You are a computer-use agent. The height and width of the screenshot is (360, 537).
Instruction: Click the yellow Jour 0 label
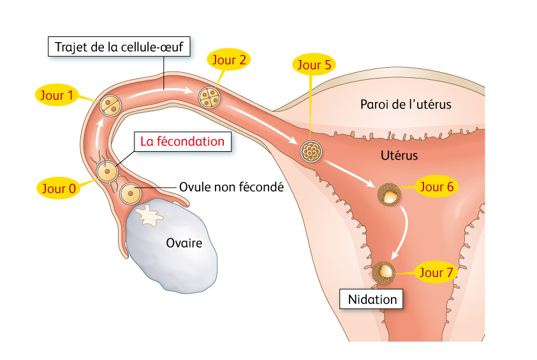tap(59, 188)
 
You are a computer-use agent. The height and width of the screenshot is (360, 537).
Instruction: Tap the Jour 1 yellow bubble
tap(57, 95)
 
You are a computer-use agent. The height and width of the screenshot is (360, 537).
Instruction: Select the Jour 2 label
tap(229, 59)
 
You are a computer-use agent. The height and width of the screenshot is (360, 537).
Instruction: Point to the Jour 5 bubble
tap(314, 64)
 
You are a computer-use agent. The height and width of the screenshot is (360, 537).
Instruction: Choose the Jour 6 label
tap(437, 186)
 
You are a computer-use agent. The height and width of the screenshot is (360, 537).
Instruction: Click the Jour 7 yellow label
tap(436, 272)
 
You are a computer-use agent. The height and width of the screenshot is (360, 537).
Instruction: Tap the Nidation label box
tap(372, 299)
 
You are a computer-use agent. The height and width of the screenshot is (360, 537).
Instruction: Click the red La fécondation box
tap(182, 141)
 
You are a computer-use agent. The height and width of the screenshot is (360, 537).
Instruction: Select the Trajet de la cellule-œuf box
tap(119, 47)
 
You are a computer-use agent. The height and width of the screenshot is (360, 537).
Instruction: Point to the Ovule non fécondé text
tap(232, 187)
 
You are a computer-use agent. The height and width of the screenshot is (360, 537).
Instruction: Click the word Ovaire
tap(184, 243)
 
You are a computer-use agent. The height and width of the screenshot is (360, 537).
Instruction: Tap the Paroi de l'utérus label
tap(406, 104)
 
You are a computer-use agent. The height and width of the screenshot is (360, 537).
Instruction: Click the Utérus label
tap(399, 156)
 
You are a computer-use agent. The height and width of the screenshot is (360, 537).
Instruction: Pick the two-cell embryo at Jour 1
tap(110, 105)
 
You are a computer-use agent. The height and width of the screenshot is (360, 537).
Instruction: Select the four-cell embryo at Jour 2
tap(210, 98)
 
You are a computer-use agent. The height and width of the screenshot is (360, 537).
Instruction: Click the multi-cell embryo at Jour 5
tap(311, 151)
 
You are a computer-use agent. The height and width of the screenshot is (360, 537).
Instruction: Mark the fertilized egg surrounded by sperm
tap(107, 172)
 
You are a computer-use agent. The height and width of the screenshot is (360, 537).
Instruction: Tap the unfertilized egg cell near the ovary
tap(130, 193)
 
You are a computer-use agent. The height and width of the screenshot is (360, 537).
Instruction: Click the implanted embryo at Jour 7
tap(383, 273)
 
